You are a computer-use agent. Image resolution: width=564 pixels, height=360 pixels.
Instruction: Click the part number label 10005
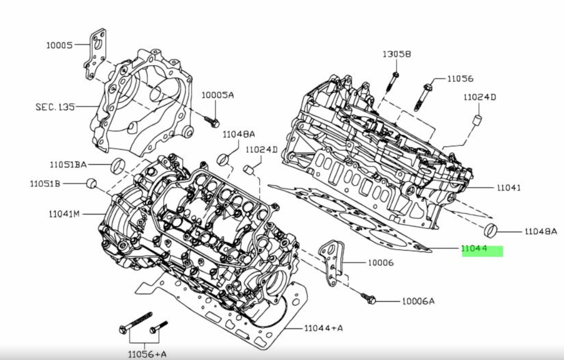tap(59, 45)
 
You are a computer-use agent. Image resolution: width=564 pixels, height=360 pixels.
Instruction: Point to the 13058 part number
tap(397, 54)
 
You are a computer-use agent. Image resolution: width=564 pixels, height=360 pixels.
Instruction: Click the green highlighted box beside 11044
tap(482, 251)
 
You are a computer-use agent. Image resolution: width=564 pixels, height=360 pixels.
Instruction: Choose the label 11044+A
tap(323, 328)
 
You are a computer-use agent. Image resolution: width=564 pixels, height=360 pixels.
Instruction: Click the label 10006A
tap(418, 301)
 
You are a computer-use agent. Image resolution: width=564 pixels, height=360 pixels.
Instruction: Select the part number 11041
tap(508, 188)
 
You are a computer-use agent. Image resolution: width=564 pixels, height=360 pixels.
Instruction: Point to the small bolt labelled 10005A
tap(212, 121)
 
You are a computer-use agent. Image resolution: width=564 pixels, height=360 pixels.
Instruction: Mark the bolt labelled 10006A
tap(369, 297)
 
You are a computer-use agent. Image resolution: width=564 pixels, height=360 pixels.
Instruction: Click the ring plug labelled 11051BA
tap(118, 166)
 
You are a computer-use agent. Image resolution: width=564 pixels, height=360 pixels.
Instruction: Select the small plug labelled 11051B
tap(92, 184)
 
